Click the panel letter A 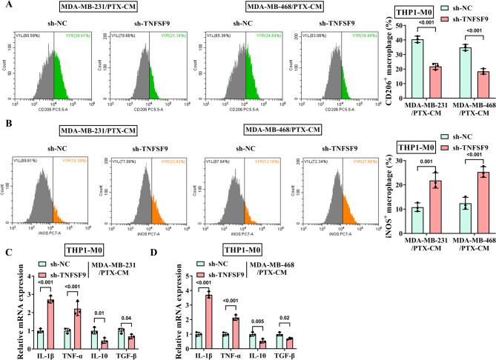(x=5, y=7)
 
